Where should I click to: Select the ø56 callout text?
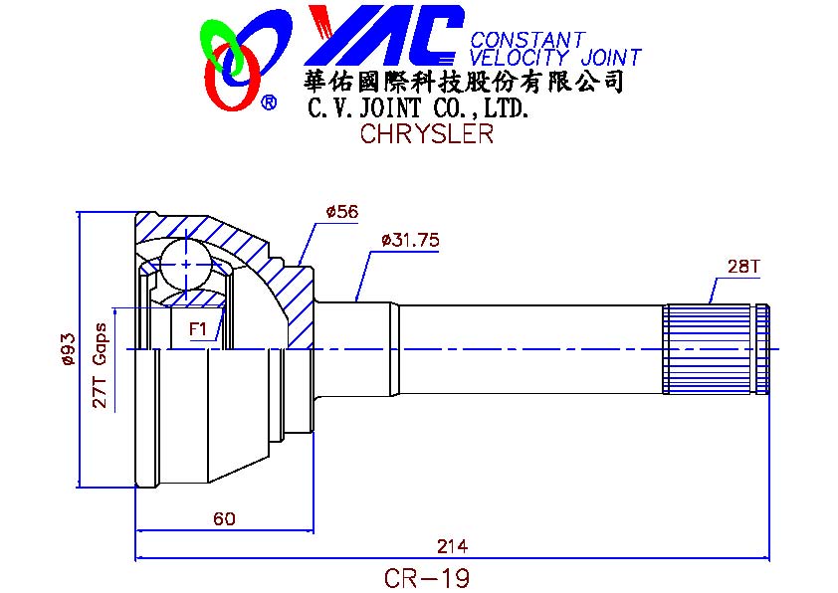coord(341,212)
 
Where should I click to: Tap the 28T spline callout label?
coord(743,267)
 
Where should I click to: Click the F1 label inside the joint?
coord(197,327)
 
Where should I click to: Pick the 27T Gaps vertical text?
coord(100,366)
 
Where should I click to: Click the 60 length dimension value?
coord(224,518)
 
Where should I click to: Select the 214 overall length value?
coord(452,546)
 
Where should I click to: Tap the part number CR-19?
coord(426,577)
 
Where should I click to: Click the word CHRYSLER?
coord(426,135)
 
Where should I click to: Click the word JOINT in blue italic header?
coord(606,58)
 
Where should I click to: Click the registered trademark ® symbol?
coord(269,102)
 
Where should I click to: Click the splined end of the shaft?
coord(715,348)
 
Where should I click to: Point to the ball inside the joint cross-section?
coord(187,265)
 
